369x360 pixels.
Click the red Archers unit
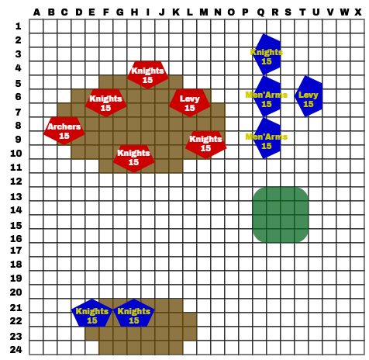click(x=64, y=131)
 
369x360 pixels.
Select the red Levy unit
click(x=190, y=103)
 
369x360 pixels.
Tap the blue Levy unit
click(x=309, y=96)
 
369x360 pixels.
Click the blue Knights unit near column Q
click(x=267, y=54)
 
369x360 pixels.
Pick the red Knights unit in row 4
click(x=148, y=75)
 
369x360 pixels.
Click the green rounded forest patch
click(x=281, y=215)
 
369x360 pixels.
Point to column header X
click(x=357, y=12)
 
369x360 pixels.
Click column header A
click(x=36, y=12)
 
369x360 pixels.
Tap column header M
click(x=204, y=12)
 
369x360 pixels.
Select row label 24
click(x=16, y=350)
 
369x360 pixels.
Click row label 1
click(x=18, y=26)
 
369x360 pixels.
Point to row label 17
click(x=16, y=251)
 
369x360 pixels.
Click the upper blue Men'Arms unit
click(x=267, y=96)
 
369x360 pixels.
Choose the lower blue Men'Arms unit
click(x=267, y=138)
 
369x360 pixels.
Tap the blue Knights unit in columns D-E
click(x=92, y=313)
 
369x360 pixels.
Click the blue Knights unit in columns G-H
click(x=134, y=313)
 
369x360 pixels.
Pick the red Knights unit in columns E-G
click(x=106, y=103)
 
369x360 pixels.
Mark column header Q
click(x=261, y=12)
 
